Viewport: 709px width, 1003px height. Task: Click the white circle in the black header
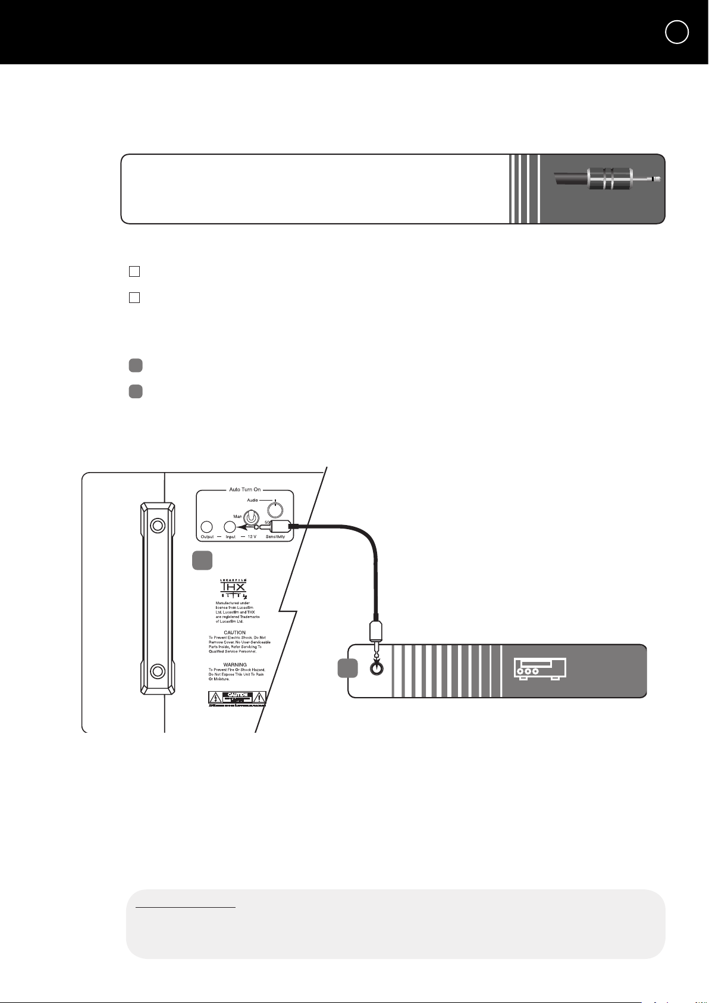pos(677,32)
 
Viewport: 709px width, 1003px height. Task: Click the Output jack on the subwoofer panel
pos(207,527)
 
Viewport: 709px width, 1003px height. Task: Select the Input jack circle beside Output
pos(230,527)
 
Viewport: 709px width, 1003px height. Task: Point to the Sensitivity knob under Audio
pos(275,510)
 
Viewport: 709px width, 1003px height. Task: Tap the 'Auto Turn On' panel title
pos(244,489)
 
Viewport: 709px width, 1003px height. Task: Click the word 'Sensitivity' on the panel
pos(275,537)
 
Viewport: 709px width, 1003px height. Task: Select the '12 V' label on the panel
pos(252,537)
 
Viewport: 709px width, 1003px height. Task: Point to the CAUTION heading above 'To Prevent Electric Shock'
pos(234,633)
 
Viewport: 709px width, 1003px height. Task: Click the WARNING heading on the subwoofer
pos(235,664)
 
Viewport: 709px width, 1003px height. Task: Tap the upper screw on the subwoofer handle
pos(157,526)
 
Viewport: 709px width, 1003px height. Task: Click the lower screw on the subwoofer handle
pos(157,671)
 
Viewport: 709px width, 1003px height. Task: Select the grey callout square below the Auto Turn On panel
pos(202,561)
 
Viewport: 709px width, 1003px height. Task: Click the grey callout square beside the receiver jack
pos(347,668)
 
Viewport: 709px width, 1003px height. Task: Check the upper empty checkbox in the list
pos(134,271)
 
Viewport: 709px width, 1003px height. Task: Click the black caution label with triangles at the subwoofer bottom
pos(237,698)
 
